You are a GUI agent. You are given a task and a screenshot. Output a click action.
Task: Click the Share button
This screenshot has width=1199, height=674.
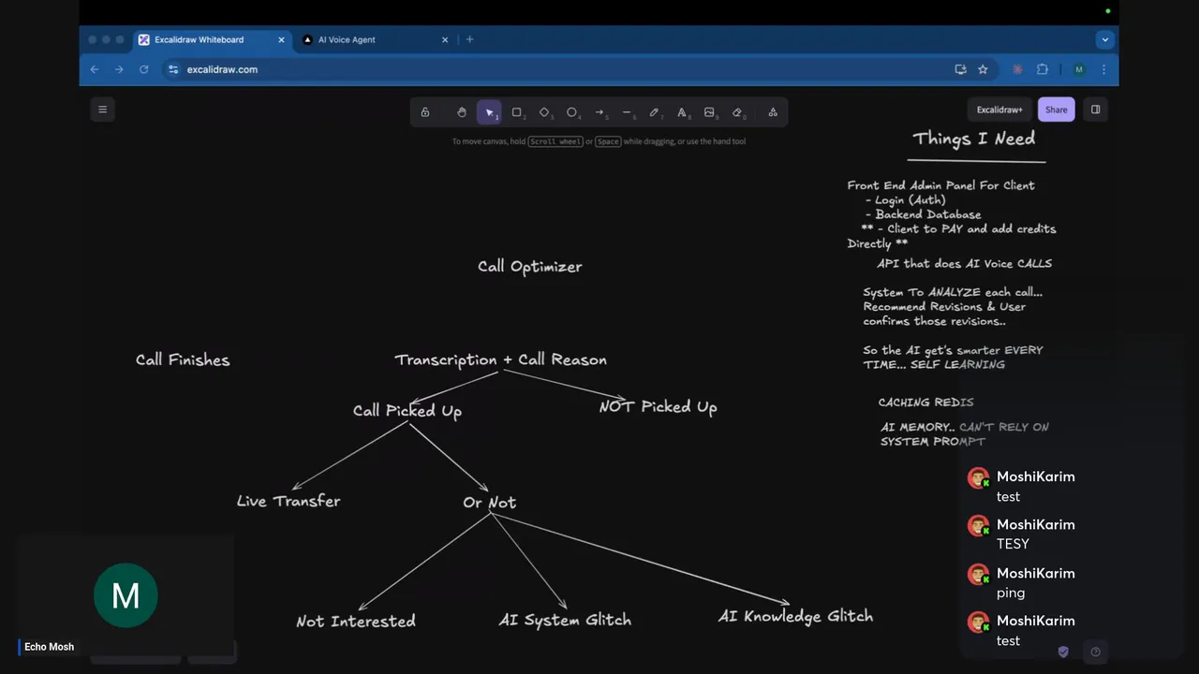[1056, 110]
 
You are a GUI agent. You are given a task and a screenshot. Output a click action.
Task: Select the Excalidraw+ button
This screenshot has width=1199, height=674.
[999, 110]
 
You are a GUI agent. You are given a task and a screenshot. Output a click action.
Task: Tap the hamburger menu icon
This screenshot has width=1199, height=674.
[103, 110]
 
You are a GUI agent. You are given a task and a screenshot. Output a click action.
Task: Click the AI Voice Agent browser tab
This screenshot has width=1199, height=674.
[375, 39]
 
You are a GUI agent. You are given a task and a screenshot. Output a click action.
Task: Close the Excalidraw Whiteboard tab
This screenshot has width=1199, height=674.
[281, 39]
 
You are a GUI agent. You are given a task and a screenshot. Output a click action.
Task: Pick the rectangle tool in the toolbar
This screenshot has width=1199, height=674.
[516, 112]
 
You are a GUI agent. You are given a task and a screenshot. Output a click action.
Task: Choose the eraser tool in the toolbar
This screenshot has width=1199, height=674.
[737, 112]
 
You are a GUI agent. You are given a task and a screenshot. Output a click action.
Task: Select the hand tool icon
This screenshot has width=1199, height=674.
[462, 112]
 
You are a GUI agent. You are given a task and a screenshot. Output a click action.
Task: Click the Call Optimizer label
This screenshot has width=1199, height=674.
[530, 267]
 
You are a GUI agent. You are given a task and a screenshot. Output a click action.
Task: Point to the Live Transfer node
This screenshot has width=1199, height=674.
[289, 501]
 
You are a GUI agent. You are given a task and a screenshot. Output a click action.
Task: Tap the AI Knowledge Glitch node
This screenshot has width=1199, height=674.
[795, 616]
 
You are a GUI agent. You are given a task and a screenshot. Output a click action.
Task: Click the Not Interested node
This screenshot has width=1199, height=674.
[356, 621]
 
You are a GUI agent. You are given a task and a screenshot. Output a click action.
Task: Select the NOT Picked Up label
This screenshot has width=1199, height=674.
[658, 407]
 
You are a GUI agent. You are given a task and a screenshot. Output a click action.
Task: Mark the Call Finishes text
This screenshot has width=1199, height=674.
[183, 360]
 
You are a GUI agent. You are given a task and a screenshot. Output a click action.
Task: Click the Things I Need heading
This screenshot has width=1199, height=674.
[973, 139]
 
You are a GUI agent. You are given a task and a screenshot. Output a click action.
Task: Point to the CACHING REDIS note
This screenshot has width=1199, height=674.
[926, 403]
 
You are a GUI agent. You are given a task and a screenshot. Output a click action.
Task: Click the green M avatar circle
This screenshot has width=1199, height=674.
[126, 595]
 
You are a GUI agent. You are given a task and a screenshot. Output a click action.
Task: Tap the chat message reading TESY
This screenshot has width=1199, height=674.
[1013, 544]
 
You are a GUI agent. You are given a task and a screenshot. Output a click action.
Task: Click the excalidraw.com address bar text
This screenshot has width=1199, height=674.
[222, 69]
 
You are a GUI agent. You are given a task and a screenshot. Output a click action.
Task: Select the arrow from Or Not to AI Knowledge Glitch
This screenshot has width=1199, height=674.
[640, 559]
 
